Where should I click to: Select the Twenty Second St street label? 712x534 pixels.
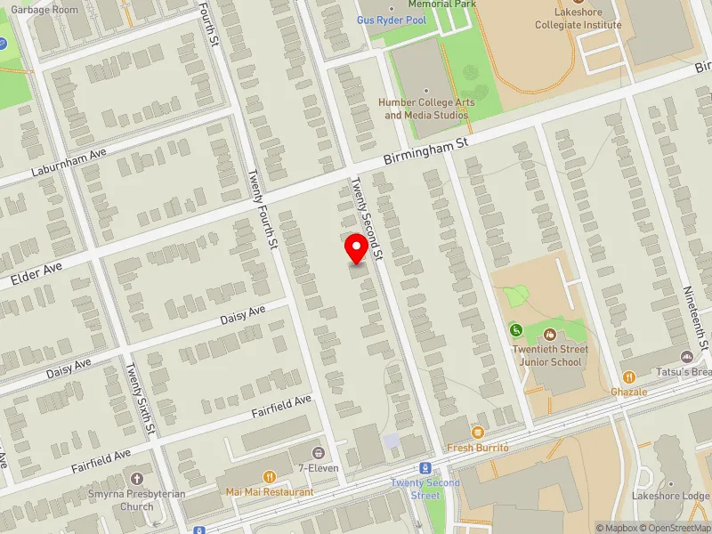[366, 218]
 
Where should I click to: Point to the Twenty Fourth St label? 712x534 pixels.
[264, 209]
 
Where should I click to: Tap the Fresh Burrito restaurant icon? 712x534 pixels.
[478, 433]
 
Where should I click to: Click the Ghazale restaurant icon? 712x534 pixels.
[628, 377]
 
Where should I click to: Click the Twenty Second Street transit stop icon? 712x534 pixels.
[426, 468]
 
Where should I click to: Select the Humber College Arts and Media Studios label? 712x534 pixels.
[425, 108]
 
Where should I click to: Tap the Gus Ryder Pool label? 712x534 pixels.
[391, 19]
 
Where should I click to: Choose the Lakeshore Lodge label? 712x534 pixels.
[669, 496]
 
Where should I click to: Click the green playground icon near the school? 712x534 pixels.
[516, 331]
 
